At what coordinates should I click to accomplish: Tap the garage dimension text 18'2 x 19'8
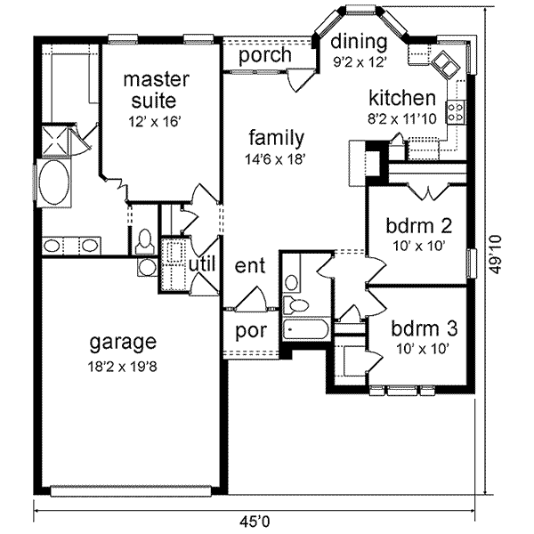tap(123, 363)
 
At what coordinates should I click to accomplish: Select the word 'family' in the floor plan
tap(277, 138)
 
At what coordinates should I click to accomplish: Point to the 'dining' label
tap(359, 42)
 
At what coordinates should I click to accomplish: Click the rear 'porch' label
tap(266, 55)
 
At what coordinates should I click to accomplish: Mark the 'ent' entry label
tap(249, 266)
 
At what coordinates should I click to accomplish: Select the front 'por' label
tap(247, 331)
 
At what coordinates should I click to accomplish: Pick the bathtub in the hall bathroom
tap(304, 330)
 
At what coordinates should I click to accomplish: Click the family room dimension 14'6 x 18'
tap(277, 159)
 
